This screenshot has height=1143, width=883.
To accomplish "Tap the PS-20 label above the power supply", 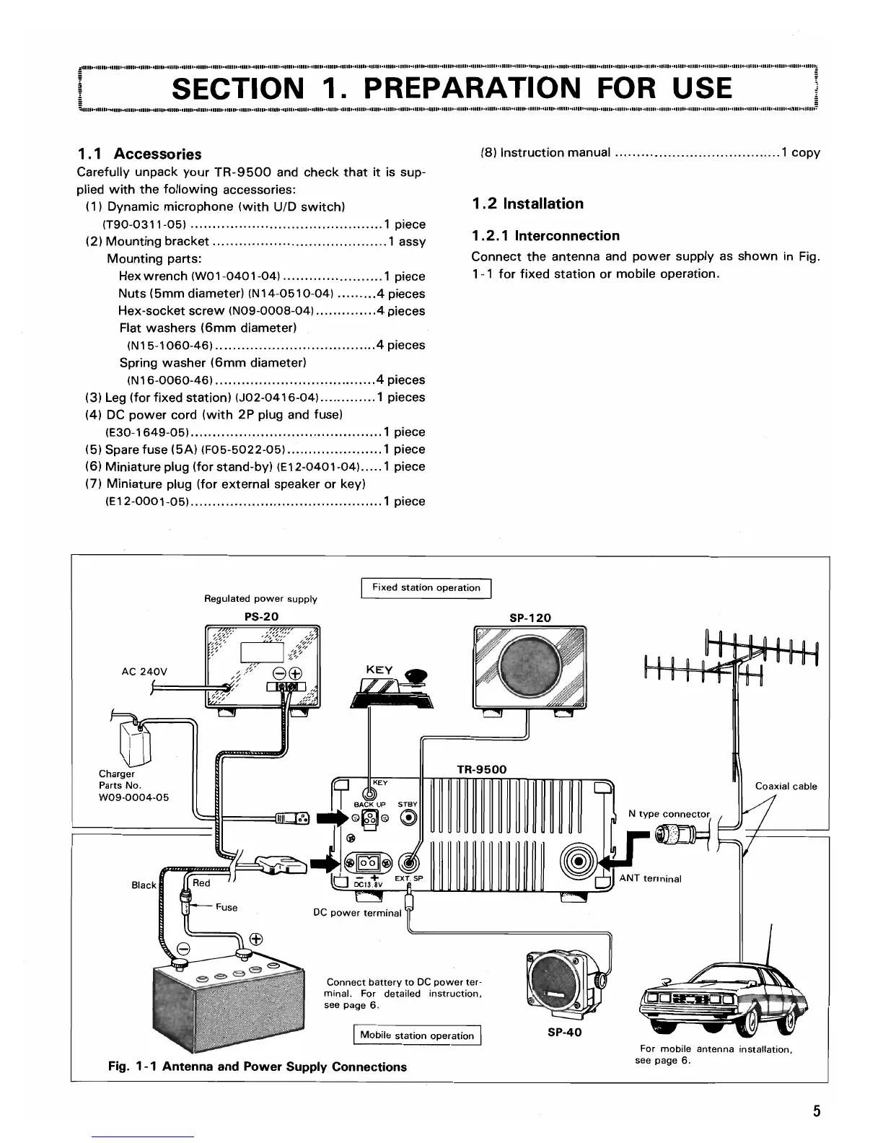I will [x=261, y=616].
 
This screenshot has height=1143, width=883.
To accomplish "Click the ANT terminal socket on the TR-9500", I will [x=579, y=863].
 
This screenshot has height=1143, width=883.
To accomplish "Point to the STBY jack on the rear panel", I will [x=409, y=818].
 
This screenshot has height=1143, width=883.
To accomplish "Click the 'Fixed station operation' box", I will [x=426, y=588].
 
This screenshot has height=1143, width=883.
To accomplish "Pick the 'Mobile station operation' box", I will [x=417, y=1035].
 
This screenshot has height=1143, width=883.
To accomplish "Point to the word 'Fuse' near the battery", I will [x=226, y=907].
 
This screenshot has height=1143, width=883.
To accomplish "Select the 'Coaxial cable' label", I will [x=786, y=787].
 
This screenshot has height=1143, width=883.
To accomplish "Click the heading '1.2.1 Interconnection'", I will [x=545, y=236].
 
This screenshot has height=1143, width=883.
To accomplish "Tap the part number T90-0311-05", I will [x=145, y=224].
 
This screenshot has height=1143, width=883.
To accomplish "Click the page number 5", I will [x=817, y=1111].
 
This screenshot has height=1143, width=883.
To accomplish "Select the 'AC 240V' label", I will [x=144, y=672].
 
